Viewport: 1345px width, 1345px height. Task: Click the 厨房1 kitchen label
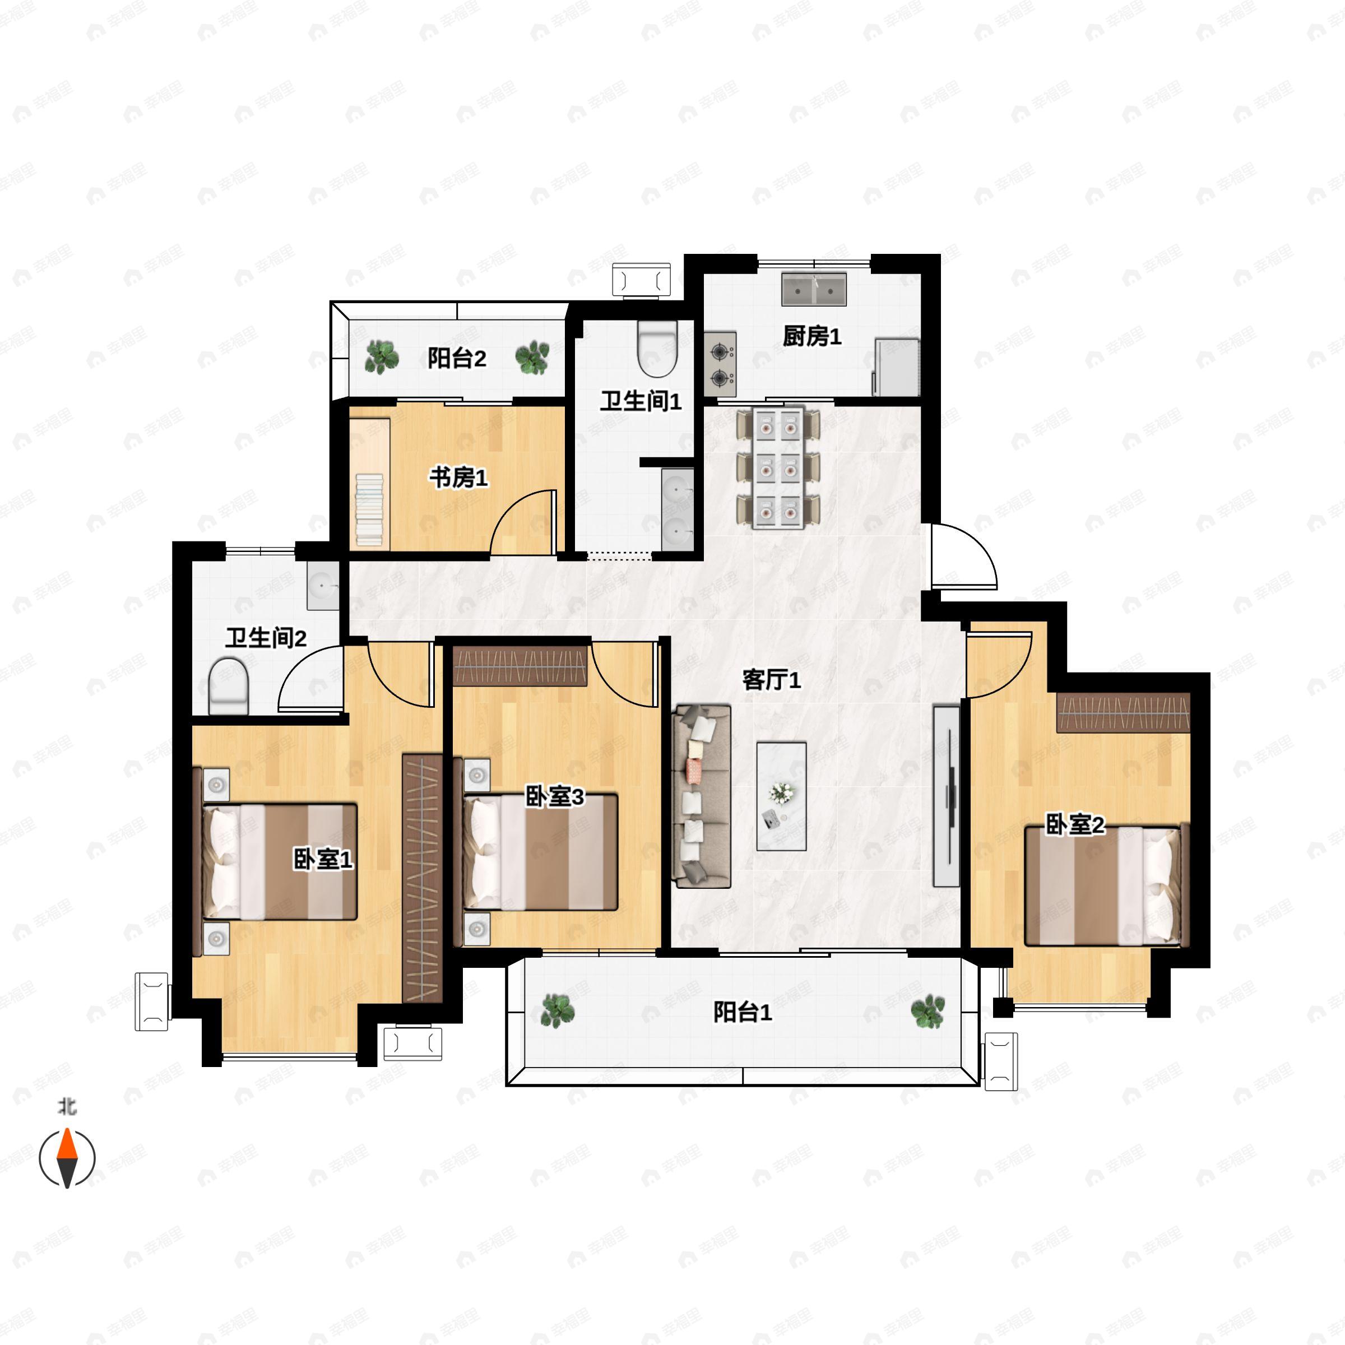point(811,337)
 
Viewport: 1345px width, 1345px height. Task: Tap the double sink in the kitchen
point(814,289)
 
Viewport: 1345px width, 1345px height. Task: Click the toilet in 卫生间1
point(657,348)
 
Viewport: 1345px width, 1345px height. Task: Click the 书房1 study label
point(458,477)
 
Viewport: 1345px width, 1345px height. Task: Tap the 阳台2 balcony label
point(457,359)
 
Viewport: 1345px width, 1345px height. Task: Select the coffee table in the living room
point(782,796)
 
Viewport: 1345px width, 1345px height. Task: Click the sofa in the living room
point(702,796)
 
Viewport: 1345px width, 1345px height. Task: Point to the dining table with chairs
point(778,467)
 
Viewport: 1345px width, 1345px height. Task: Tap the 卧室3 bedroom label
point(554,796)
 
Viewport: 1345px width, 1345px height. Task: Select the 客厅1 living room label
point(771,679)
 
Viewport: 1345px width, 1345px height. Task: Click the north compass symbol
point(67,1158)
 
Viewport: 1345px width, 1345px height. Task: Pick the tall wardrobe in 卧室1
point(423,878)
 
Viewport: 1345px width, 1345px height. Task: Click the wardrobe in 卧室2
point(1123,712)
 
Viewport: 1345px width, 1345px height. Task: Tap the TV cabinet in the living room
point(946,796)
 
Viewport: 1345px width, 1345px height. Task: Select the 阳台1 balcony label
point(742,1012)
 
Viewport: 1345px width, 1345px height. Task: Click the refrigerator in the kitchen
point(897,367)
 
